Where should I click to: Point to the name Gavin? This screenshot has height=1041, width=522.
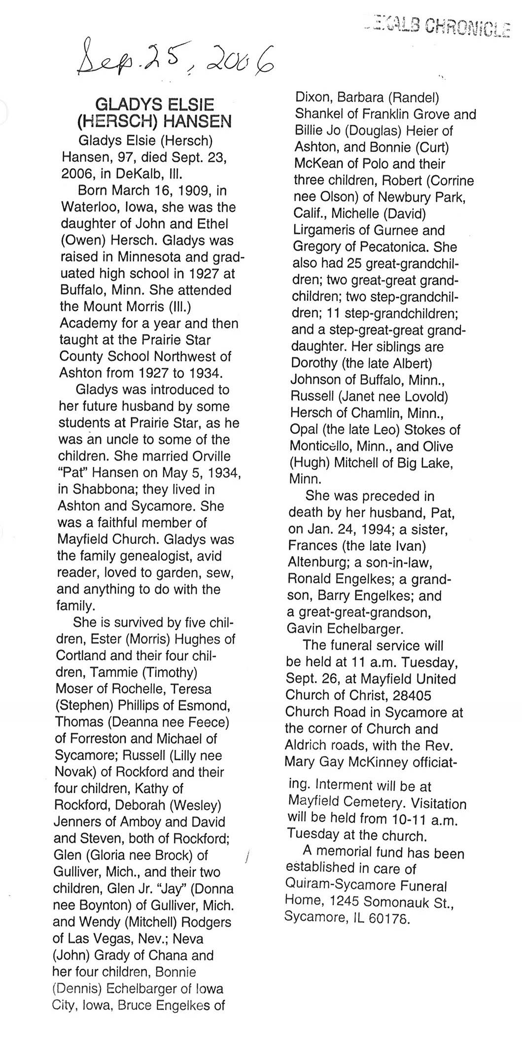tap(306, 629)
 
